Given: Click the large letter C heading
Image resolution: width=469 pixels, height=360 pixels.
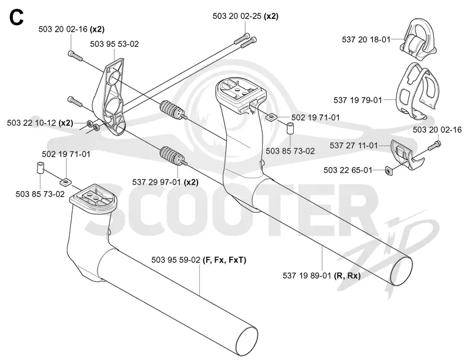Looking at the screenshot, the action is (x=16, y=18).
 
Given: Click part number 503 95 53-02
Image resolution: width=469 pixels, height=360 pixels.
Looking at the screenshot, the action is (x=114, y=44).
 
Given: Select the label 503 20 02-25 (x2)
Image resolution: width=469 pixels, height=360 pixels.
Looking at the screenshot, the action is (x=245, y=16).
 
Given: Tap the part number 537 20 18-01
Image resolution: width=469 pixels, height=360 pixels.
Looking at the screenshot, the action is (x=366, y=39).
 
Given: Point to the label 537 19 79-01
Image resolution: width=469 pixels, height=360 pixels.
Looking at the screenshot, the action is (x=358, y=100).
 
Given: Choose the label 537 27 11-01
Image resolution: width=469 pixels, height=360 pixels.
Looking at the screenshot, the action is (x=354, y=145).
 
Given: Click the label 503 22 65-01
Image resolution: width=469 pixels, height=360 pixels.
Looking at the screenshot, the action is (x=348, y=170).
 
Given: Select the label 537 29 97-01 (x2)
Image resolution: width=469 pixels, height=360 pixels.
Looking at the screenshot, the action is (x=165, y=182).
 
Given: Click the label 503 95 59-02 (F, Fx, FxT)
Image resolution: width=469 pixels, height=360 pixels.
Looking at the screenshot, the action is (x=199, y=260).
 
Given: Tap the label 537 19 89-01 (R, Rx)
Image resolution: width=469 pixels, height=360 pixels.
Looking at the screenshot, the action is (x=321, y=276).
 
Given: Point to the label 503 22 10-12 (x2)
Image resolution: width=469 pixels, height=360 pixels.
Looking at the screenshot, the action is (x=40, y=123).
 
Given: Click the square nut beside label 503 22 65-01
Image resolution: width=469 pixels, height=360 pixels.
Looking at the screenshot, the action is (x=389, y=171).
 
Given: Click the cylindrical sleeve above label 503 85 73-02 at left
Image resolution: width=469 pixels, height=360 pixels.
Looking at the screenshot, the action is (x=40, y=168).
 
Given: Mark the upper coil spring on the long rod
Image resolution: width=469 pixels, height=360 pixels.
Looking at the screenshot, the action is (x=171, y=110).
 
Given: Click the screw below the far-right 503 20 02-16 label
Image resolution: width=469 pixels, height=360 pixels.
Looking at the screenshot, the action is (x=434, y=146).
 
